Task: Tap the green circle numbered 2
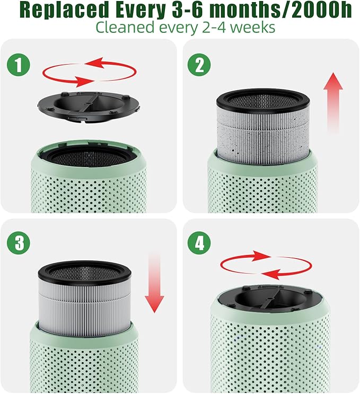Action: click(199, 65)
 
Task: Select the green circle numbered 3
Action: click(19, 243)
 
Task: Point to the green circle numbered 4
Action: click(199, 243)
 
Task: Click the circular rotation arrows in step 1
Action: click(89, 73)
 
